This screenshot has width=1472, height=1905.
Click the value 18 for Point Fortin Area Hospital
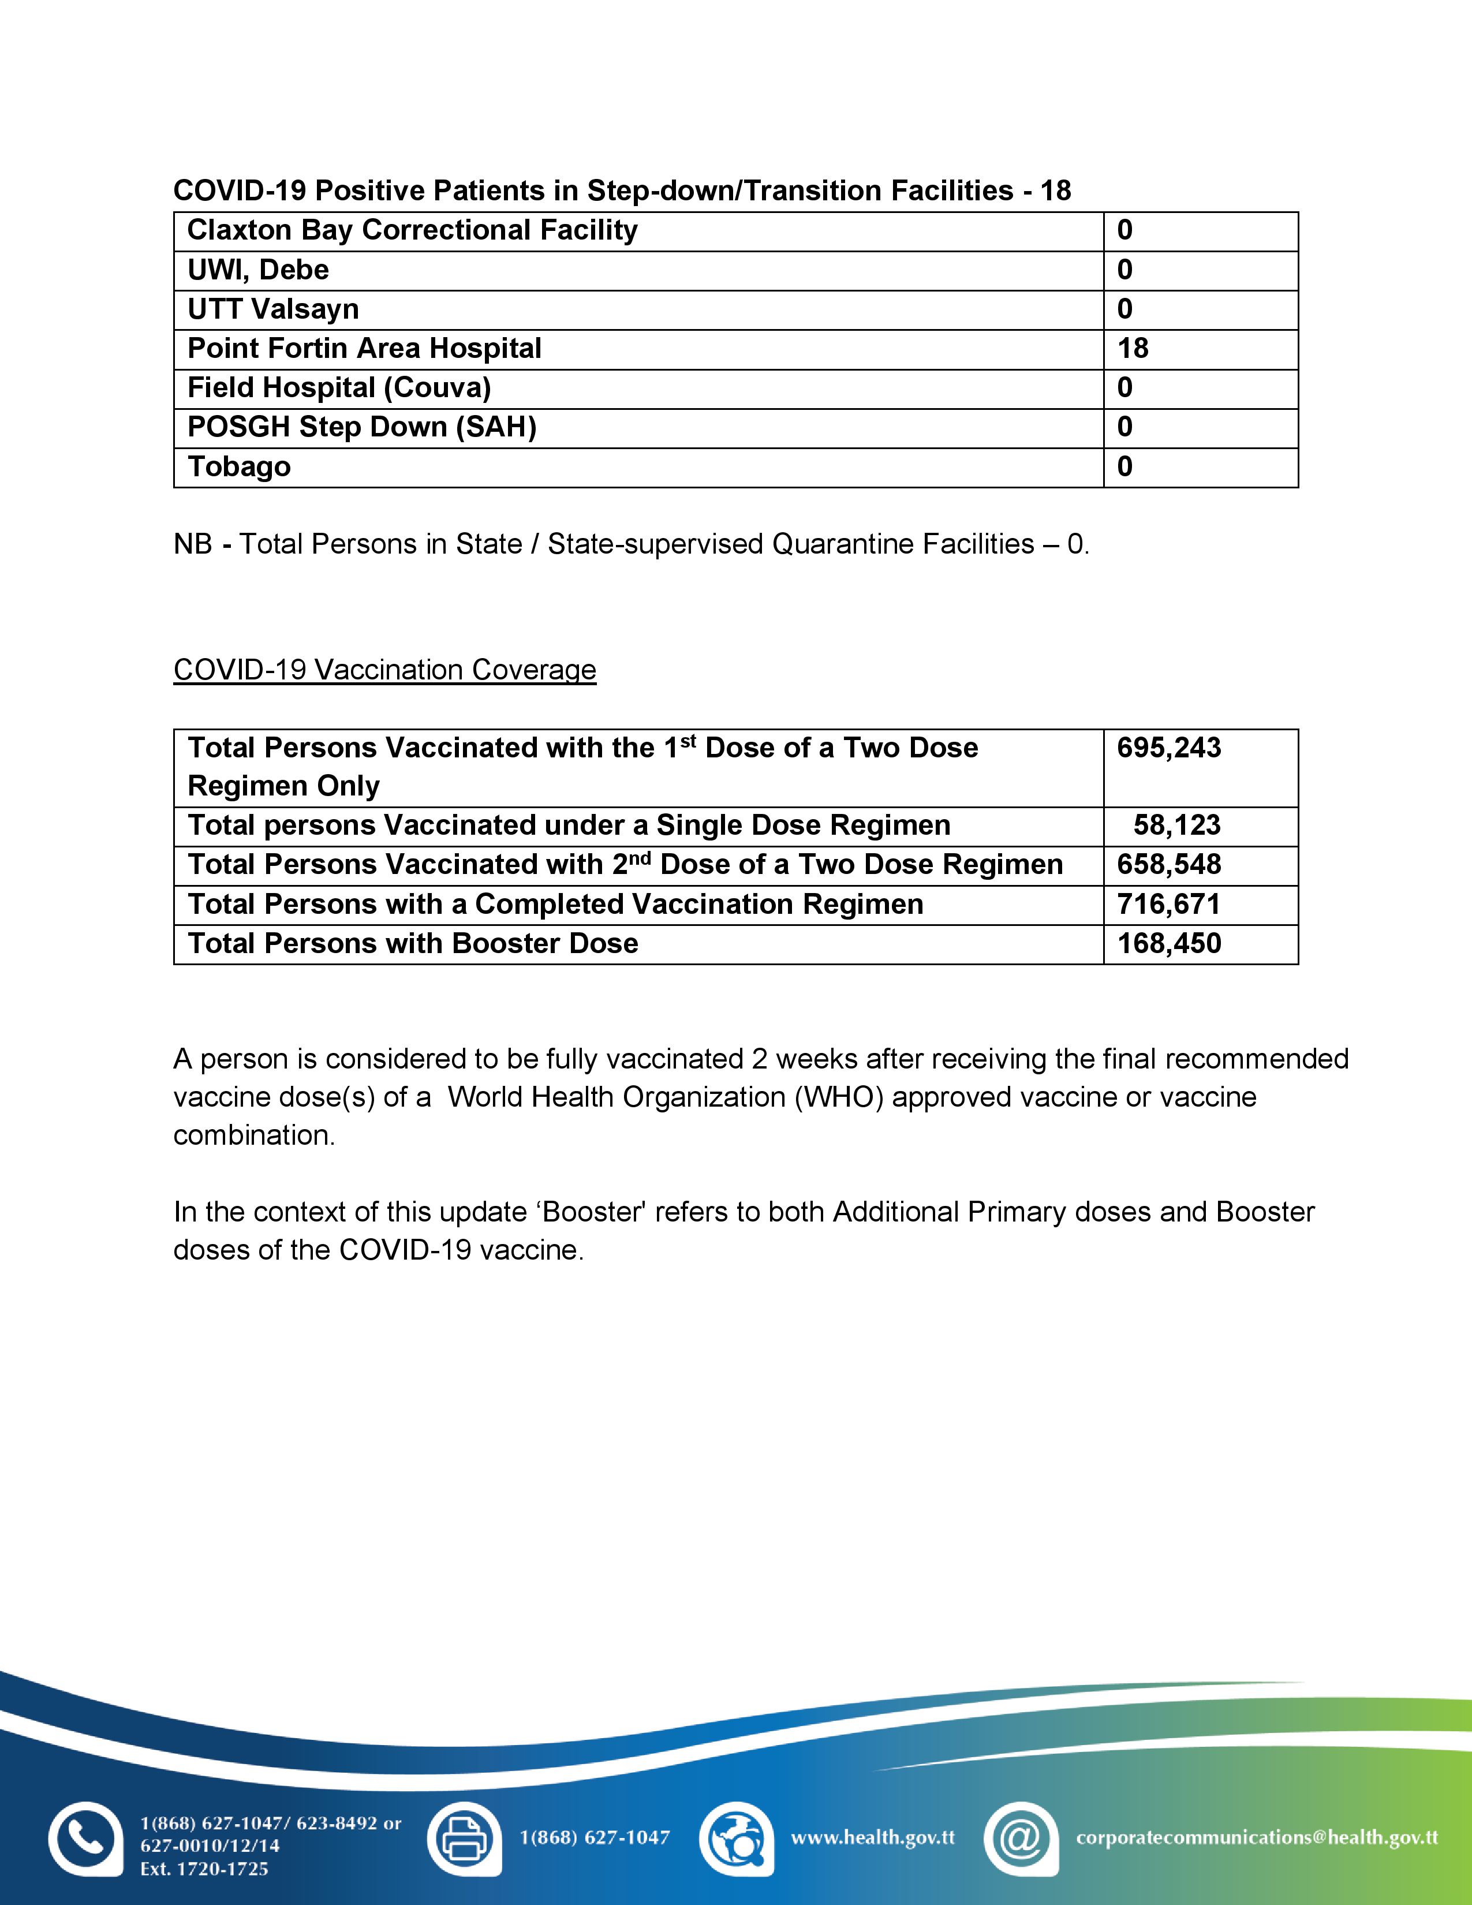pos(1133,349)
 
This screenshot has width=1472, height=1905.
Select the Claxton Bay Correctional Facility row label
pos(413,230)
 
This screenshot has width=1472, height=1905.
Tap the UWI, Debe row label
pos(258,270)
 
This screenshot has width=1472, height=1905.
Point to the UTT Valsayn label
pos(273,309)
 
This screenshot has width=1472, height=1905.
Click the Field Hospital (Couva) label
pos(339,388)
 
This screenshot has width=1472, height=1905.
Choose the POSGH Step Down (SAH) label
pos(362,427)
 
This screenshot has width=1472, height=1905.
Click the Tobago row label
pos(239,466)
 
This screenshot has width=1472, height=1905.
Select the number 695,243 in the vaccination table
pos(1168,748)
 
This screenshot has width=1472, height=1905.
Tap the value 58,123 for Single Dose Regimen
pos(1176,825)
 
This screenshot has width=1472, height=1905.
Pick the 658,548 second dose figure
pos(1168,864)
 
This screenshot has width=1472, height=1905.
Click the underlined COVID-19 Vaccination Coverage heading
pos(384,670)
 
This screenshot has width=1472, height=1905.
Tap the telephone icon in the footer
pos(85,1838)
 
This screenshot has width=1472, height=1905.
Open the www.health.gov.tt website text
pos(872,1837)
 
